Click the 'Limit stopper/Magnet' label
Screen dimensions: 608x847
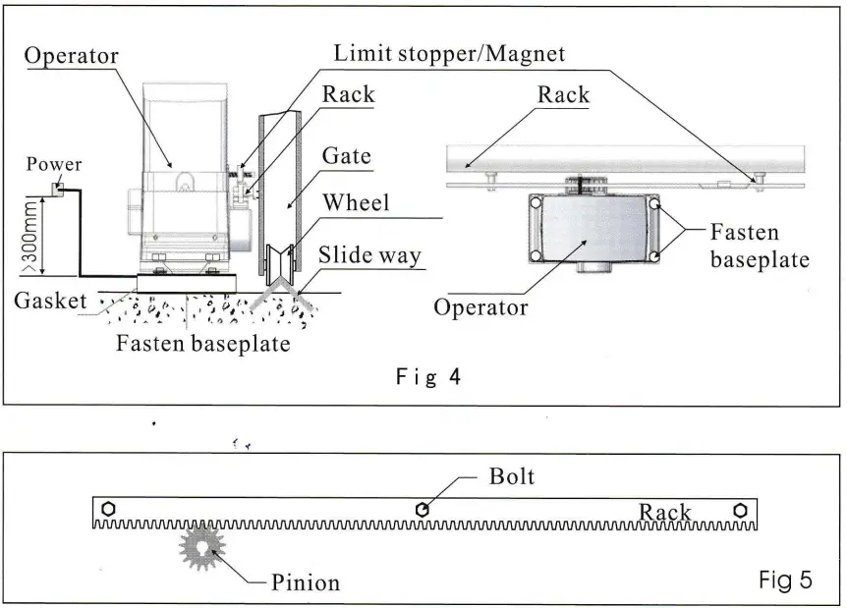(x=450, y=53)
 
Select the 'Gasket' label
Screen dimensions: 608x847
(x=50, y=301)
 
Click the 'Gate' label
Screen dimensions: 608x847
(x=347, y=157)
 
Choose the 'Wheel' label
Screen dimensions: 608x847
(x=356, y=203)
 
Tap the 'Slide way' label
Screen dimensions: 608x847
(x=369, y=255)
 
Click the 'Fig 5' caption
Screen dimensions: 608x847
(x=786, y=580)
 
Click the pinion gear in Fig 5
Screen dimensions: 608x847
(x=202, y=548)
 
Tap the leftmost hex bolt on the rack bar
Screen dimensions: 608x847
(x=110, y=509)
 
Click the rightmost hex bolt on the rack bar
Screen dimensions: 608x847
(x=740, y=510)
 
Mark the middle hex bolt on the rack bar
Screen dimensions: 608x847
(x=422, y=509)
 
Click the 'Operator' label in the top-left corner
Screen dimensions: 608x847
(x=71, y=56)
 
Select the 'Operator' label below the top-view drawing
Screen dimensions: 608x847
(x=481, y=307)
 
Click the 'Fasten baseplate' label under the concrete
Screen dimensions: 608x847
(x=202, y=345)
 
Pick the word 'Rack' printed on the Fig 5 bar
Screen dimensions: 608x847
(x=665, y=512)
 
